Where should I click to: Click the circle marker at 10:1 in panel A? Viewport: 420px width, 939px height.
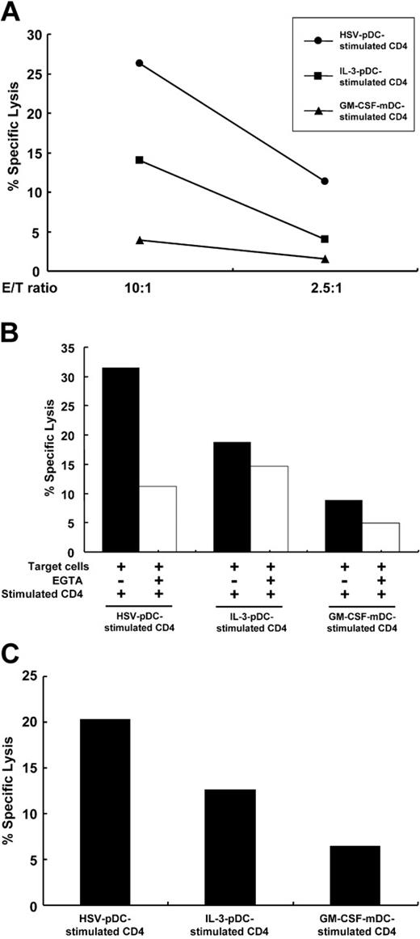click(140, 63)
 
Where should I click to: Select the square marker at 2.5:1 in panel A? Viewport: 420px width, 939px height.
click(325, 239)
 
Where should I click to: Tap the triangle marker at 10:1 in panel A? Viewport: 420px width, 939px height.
click(140, 240)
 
